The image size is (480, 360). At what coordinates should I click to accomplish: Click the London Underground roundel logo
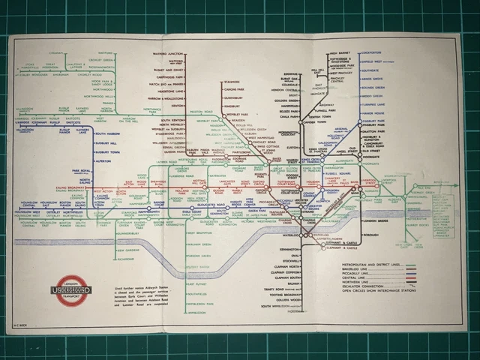(63, 289)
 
